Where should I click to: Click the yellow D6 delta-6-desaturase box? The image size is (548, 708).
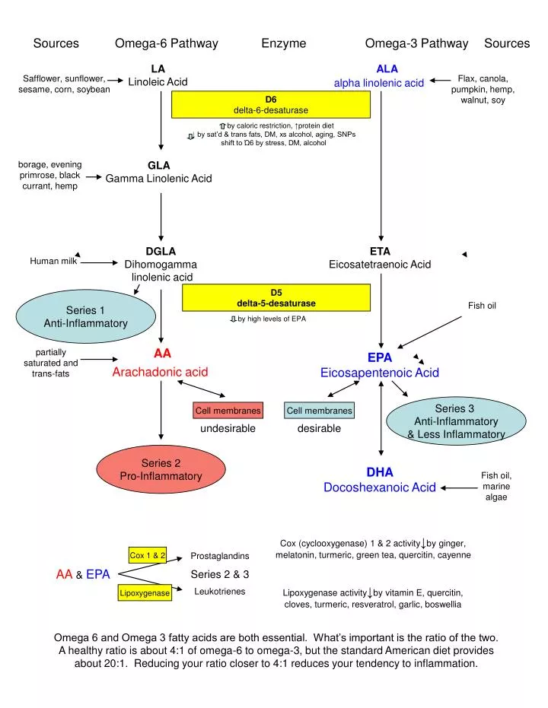271,105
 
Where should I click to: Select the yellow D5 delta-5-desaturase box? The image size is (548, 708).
276,298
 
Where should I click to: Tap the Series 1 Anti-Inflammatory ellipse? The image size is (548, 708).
86,317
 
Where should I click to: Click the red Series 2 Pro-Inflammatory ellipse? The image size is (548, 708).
161,470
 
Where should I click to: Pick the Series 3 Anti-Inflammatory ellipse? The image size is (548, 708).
455,421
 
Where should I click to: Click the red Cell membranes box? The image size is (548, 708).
228,411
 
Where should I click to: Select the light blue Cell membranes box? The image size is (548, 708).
319,411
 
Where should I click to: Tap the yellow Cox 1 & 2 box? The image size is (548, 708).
148,556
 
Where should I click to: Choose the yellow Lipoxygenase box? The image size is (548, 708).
144,593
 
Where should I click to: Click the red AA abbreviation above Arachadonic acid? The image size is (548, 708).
162,353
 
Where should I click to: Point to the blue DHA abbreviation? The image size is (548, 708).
380,472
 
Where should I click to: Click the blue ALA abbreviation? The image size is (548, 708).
387,68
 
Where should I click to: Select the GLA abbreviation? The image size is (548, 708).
159,165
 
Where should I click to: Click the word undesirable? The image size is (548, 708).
228,429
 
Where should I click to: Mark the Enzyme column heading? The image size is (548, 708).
283,43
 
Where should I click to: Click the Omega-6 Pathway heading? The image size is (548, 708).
166,43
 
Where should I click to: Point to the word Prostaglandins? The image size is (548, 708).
219,557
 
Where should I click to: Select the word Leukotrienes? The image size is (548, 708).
220,591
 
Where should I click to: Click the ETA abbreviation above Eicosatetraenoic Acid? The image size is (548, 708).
380,251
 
